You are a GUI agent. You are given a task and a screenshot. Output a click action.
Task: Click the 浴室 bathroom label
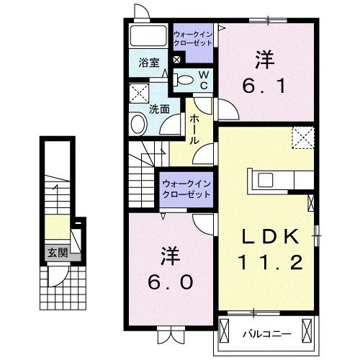tap(148, 63)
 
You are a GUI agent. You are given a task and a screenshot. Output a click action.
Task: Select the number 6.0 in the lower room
tap(171, 282)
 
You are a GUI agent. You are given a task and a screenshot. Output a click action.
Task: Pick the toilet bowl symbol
tap(184, 80)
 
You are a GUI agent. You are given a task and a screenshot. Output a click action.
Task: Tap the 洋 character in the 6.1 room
tap(263, 58)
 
